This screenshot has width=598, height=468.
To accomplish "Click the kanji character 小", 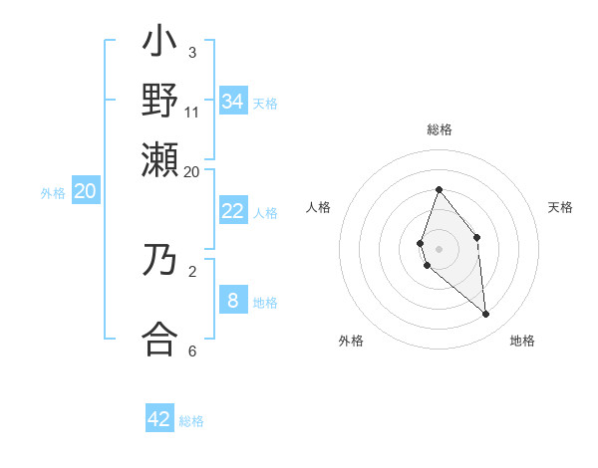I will [x=160, y=46].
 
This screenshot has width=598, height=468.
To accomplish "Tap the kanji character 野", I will [x=160, y=102].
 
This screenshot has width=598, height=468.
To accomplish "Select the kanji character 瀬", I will [x=160, y=159].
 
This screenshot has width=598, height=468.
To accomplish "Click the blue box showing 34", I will [x=233, y=102].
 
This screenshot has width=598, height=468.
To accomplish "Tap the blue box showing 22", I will [x=233, y=211].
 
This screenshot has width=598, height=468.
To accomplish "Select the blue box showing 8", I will [x=233, y=301].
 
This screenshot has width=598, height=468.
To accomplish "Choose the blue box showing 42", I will [x=159, y=419].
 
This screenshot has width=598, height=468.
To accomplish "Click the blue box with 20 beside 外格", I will [x=85, y=192].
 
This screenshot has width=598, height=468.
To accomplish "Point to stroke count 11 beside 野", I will [x=192, y=112].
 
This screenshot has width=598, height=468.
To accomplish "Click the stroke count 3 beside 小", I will [x=192, y=52].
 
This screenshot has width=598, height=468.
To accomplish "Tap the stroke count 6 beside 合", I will [x=192, y=351].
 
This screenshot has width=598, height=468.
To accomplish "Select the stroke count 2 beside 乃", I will [x=192, y=270].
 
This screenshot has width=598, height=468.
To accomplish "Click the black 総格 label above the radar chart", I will [x=440, y=130].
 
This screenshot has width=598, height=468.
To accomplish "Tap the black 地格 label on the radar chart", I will [x=522, y=341].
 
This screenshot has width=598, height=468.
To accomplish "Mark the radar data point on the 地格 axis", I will [x=486, y=315].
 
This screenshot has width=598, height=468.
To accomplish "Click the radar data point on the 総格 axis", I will [x=439, y=189].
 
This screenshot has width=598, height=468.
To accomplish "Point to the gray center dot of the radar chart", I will [x=439, y=248].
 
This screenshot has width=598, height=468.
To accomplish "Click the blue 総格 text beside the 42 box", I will [x=191, y=421].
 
